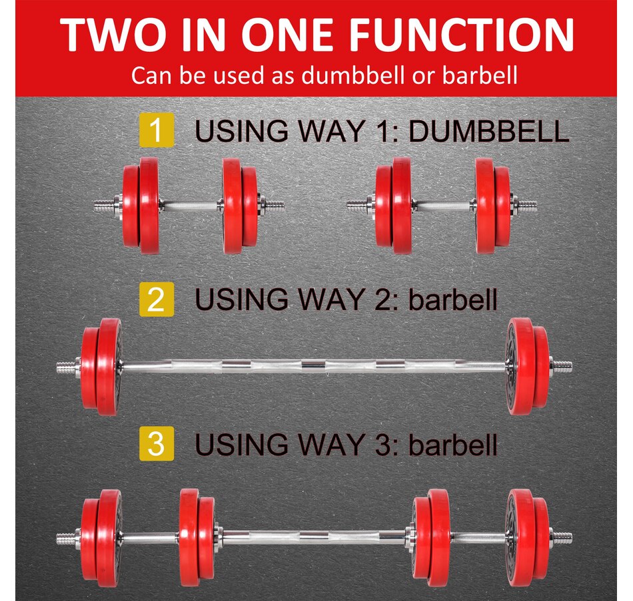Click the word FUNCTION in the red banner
461,35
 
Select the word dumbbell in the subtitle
353,75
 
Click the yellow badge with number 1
157,130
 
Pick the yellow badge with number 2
157,299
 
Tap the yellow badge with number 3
157,443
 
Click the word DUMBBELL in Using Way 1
488,131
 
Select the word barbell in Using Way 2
453,300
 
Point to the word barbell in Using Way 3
453,445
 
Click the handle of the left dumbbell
191,205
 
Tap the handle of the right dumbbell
444,206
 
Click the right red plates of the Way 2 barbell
528,366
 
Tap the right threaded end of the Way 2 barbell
561,367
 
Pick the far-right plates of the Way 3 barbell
528,537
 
